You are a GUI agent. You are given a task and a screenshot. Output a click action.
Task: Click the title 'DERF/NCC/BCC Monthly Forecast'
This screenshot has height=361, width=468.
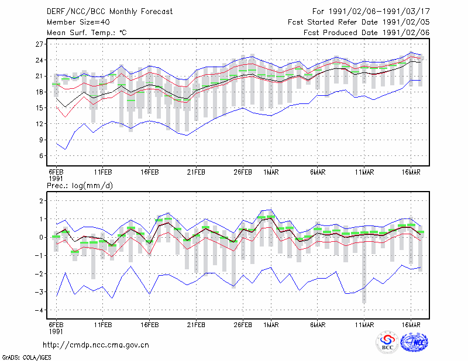(x=109, y=12)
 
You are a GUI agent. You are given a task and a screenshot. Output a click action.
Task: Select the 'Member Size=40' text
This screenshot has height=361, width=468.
(x=78, y=22)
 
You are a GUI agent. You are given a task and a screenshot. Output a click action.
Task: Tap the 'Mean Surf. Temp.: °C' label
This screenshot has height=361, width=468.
(x=87, y=33)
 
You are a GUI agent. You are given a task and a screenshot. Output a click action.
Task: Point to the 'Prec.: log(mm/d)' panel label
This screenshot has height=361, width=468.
(x=80, y=186)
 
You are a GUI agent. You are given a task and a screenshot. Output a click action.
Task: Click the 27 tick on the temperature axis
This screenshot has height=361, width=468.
(x=39, y=44)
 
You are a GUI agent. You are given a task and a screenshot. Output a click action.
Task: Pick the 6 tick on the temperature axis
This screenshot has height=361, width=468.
(x=41, y=156)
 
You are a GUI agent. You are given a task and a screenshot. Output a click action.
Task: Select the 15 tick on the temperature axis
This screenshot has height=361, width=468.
(x=39, y=108)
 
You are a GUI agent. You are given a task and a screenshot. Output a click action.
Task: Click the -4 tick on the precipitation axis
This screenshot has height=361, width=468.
(x=39, y=310)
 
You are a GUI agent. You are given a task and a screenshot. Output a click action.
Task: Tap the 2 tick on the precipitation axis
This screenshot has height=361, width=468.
(x=41, y=201)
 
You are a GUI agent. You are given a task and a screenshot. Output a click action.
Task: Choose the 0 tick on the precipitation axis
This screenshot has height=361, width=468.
(x=41, y=238)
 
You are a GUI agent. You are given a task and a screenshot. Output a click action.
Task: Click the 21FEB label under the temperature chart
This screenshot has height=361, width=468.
(x=196, y=172)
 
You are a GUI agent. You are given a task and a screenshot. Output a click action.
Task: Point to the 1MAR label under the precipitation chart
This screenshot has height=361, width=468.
(x=271, y=325)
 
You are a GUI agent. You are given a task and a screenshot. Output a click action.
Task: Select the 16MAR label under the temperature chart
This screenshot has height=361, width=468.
(x=411, y=172)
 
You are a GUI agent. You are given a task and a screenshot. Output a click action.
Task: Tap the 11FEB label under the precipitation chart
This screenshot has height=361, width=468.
(x=103, y=325)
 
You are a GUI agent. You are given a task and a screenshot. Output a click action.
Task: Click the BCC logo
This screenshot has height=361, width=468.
(x=387, y=342)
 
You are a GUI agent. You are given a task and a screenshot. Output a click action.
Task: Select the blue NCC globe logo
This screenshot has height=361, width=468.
(x=414, y=342)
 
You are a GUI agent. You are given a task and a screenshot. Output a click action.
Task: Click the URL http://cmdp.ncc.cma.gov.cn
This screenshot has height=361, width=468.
(x=96, y=345)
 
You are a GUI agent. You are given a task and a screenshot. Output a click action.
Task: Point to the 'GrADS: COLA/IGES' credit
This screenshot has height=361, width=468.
(x=26, y=357)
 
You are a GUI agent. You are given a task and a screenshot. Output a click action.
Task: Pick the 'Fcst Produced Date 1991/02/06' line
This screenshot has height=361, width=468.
(x=367, y=33)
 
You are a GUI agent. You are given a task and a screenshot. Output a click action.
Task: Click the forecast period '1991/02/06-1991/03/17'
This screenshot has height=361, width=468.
(x=379, y=12)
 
